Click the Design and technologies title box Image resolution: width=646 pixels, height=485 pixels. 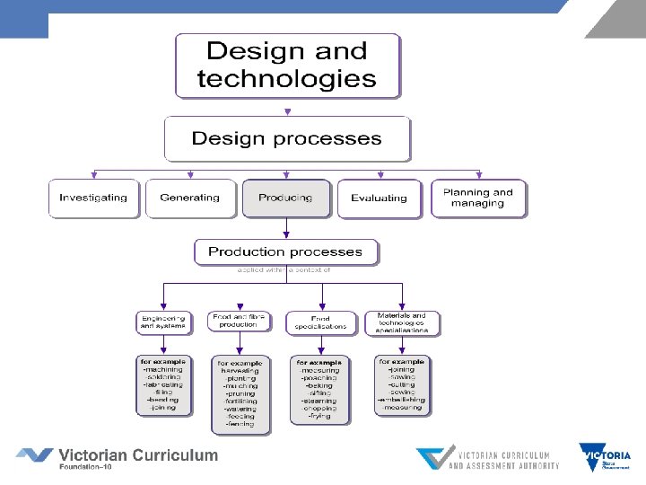coord(287,66)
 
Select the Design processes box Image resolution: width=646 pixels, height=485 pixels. coord(287,139)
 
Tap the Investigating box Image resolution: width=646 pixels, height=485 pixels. coord(94,198)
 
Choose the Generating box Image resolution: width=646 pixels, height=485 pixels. coord(189,198)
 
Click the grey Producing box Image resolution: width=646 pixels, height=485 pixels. coord(285,198)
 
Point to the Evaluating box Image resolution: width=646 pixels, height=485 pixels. coord(380,198)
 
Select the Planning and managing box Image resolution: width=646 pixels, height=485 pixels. coord(478,198)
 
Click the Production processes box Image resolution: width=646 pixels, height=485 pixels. coord(285,251)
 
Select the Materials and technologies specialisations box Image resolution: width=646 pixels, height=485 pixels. coord(402,322)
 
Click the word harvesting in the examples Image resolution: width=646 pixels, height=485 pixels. coord(238,370)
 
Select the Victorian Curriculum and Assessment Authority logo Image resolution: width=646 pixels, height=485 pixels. coord(489,458)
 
